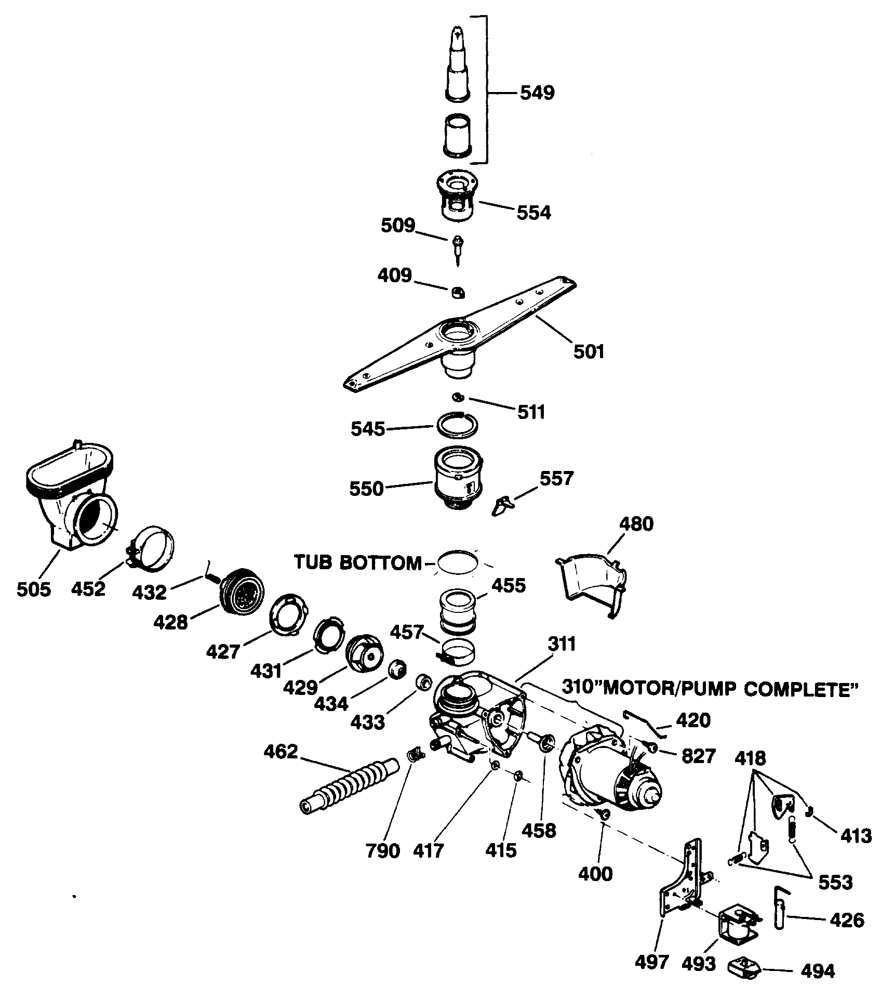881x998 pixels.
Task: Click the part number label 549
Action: tap(537, 94)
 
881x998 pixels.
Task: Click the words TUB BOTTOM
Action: tap(358, 562)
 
